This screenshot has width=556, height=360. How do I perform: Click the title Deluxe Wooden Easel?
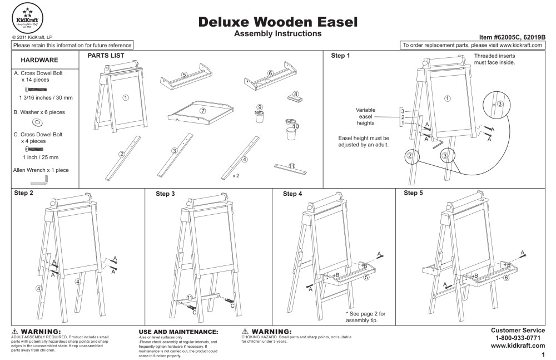click(277, 22)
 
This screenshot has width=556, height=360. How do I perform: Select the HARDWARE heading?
click(40, 60)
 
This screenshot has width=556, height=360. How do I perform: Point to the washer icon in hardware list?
click(38, 122)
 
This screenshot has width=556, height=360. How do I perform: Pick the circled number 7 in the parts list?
click(203, 111)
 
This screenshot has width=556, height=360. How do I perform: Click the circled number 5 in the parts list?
click(184, 74)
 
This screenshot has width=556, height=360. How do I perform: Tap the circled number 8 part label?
click(296, 94)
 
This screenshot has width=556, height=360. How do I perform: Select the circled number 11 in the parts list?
click(292, 165)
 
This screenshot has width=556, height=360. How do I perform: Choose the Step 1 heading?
click(341, 56)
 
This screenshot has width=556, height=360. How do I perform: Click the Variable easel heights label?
click(366, 116)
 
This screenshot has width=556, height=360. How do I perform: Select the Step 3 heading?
click(165, 194)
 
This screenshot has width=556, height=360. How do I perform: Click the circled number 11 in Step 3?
click(190, 297)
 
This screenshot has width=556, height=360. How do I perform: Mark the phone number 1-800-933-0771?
click(517, 338)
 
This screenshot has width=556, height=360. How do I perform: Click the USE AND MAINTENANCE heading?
click(178, 332)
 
